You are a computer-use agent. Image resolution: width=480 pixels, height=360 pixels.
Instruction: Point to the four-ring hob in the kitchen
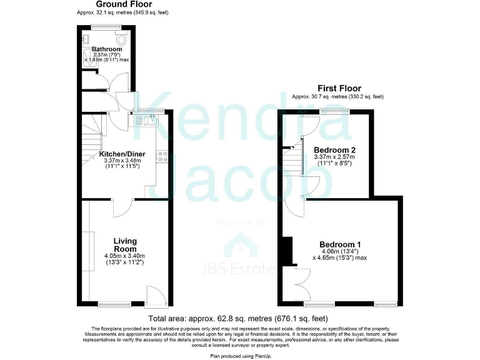(162, 156)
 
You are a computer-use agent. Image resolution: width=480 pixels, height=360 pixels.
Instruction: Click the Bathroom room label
(107, 49)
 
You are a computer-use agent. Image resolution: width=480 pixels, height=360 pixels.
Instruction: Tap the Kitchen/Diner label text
(122, 154)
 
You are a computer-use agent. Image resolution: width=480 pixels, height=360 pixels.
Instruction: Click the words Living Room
(125, 245)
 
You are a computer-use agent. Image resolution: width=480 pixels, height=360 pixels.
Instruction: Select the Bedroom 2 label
(334, 150)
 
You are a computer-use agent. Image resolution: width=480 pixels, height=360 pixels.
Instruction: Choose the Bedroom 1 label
(340, 244)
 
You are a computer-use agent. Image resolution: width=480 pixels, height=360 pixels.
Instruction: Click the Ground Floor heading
(124, 4)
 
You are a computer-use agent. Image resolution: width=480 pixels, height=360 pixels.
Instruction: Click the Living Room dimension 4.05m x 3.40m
(125, 256)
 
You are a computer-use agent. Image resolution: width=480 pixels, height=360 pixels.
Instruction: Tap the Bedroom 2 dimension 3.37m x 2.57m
(334, 158)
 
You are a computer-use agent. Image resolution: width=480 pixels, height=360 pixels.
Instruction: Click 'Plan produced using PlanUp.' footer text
(240, 355)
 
